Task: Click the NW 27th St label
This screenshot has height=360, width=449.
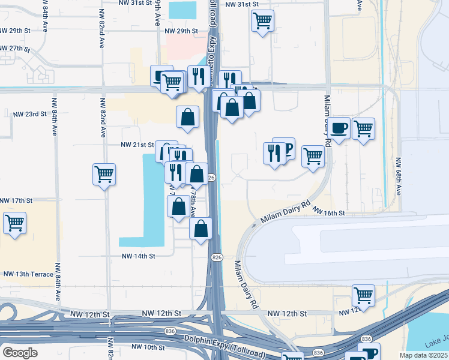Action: tap(15, 48)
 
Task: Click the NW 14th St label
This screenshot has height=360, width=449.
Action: tap(139, 256)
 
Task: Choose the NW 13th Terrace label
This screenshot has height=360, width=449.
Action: tap(28, 274)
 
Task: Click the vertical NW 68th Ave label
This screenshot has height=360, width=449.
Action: tap(399, 176)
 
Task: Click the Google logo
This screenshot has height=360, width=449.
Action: tap(20, 352)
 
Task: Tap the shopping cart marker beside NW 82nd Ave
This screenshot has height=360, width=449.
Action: tap(104, 175)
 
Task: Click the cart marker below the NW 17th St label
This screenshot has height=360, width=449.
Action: tap(14, 223)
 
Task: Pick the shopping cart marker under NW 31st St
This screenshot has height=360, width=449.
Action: tap(262, 21)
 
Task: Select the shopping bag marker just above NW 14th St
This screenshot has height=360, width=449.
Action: tap(200, 229)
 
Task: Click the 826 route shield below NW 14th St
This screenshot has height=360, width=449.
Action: tap(217, 257)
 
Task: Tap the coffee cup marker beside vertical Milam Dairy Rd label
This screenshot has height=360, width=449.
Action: tap(339, 128)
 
